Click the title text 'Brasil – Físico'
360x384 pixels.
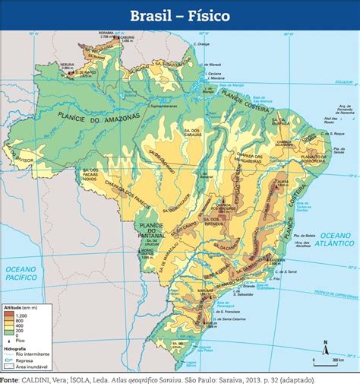pyautogui.click(x=180, y=15)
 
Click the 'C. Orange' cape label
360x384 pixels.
pyautogui.click(x=201, y=44)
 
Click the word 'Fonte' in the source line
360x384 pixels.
pyautogui.click(x=9, y=379)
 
